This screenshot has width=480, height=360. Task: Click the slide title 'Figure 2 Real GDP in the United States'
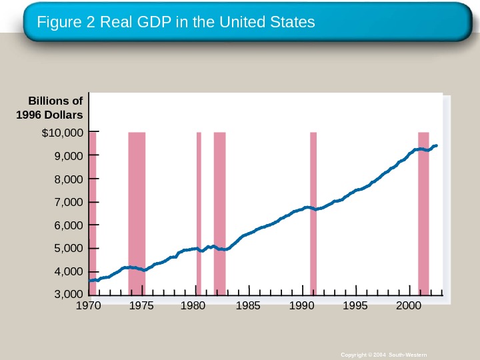pos(176,23)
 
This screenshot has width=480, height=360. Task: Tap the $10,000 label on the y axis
pos(62,133)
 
